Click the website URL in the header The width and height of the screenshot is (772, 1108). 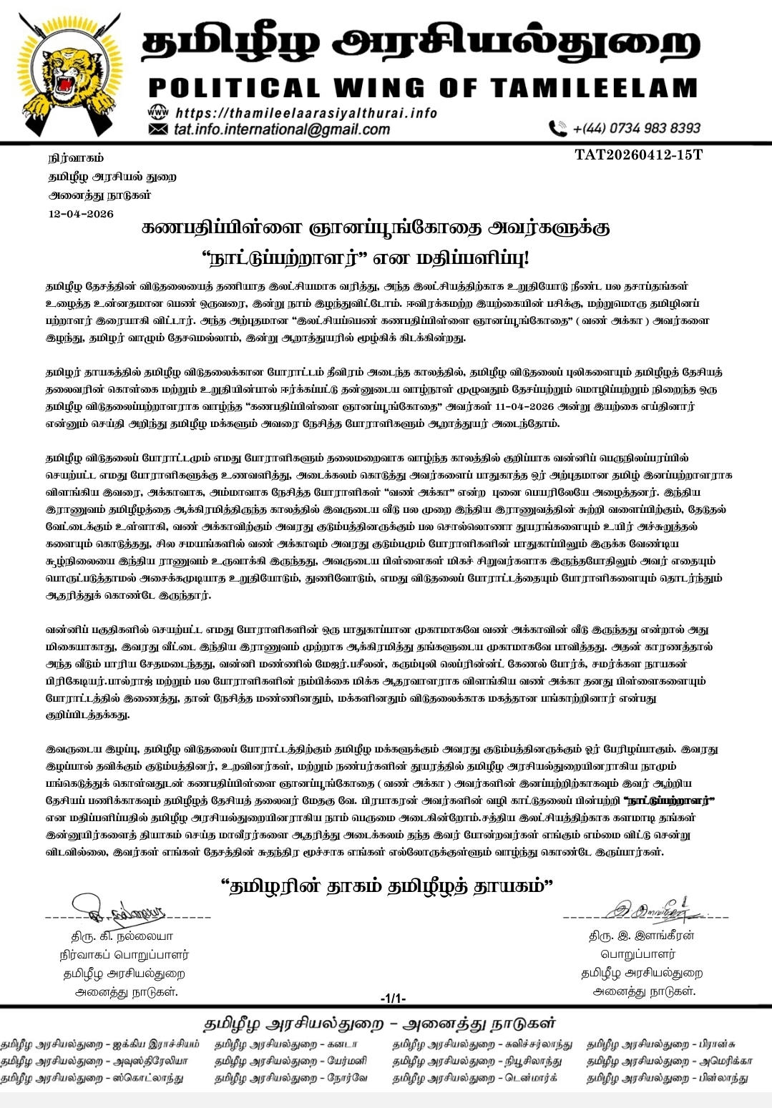tap(306, 113)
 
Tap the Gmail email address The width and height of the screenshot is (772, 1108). tap(282, 129)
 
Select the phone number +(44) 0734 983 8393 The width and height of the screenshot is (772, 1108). tap(636, 129)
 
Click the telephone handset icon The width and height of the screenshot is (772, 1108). tap(557, 129)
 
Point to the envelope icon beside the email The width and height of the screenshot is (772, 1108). tap(157, 129)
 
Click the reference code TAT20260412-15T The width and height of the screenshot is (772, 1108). tap(638, 155)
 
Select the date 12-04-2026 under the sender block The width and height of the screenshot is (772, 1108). tap(81, 214)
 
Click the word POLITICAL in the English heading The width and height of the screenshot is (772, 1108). tap(234, 88)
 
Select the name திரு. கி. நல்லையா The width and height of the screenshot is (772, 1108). tap(122, 936)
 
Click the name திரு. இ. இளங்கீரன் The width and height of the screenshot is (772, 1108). tap(642, 936)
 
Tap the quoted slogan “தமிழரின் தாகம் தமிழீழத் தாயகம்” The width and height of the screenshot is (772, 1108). tap(387, 887)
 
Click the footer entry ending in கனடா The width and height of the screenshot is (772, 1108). tap(280, 1045)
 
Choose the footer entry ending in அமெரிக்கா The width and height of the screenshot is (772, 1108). tap(669, 1062)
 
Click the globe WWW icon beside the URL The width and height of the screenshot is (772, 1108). tap(157, 113)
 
